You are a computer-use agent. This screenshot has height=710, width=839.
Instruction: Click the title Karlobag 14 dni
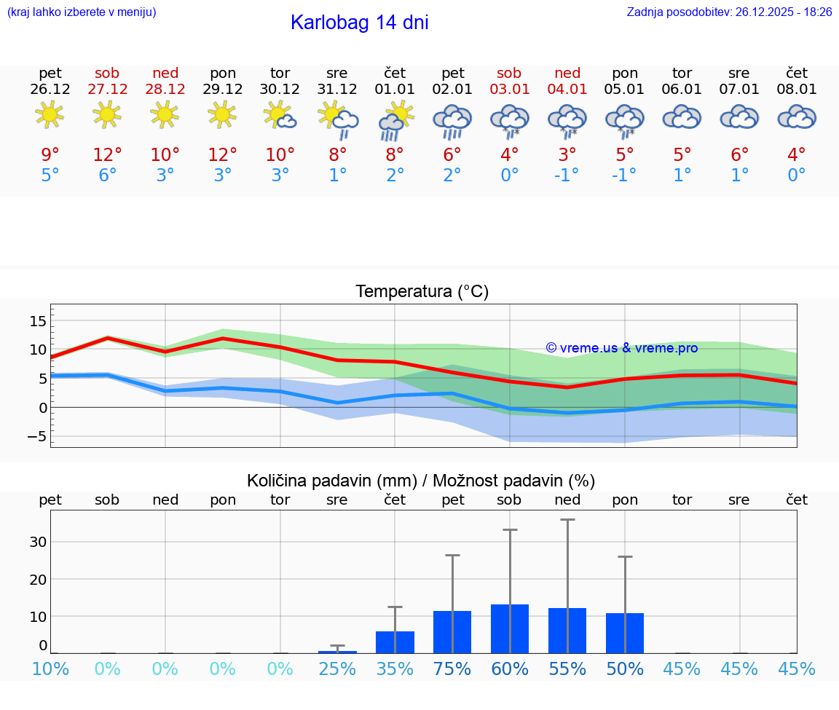[x=359, y=23]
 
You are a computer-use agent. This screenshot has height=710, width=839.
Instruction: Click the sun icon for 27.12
[x=107, y=114]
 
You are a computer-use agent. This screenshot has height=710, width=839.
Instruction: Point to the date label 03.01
[x=509, y=90]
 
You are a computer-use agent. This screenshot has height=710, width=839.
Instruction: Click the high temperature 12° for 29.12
[x=223, y=155]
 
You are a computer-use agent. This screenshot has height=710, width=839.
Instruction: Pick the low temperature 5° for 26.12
[x=50, y=175]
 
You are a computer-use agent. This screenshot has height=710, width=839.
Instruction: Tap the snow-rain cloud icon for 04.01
[x=567, y=119]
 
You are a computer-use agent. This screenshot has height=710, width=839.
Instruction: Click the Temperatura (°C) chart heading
[x=422, y=291]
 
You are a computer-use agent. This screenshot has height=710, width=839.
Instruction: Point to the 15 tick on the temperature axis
[x=38, y=321]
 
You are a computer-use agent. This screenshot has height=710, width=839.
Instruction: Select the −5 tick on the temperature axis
[x=36, y=437]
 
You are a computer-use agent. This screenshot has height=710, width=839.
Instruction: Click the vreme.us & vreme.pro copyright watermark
[x=621, y=348]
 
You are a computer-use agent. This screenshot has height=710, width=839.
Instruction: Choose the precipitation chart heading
[x=421, y=481]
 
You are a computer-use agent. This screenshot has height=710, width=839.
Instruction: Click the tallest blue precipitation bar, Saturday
[x=510, y=628]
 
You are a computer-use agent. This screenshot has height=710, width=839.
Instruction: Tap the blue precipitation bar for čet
[x=395, y=642]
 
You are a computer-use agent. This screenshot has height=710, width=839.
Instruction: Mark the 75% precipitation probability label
[x=452, y=669]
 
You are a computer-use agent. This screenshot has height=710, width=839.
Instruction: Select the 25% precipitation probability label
[x=337, y=669]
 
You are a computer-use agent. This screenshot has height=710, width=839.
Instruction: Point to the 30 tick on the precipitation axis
[x=38, y=542]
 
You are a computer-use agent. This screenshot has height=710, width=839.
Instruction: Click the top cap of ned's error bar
[x=567, y=519]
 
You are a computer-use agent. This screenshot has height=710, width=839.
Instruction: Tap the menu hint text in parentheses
[x=82, y=12]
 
